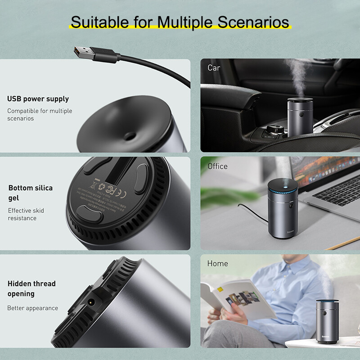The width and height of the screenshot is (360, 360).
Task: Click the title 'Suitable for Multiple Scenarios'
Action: pyautogui.click(x=180, y=22)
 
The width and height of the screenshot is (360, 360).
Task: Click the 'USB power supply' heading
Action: pyautogui.click(x=38, y=99)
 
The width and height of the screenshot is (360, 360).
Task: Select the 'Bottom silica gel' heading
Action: pyautogui.click(x=31, y=193)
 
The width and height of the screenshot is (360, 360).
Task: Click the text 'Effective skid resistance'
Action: pyautogui.click(x=26, y=214)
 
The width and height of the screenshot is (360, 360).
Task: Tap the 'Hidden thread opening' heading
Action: pyautogui.click(x=31, y=288)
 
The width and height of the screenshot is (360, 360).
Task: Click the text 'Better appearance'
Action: pyautogui.click(x=32, y=308)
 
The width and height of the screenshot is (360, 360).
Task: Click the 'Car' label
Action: pyautogui.click(x=214, y=67)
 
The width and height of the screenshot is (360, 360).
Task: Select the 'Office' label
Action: pyautogui.click(x=217, y=166)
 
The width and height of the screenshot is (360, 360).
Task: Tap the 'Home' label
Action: pyautogui.click(x=217, y=263)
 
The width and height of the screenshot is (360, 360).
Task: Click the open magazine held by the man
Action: pyautogui.click(x=236, y=299)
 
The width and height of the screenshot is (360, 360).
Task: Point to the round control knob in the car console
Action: pyautogui.click(x=272, y=131)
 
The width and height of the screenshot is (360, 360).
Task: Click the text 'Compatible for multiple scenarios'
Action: pyautogui.click(x=40, y=114)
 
